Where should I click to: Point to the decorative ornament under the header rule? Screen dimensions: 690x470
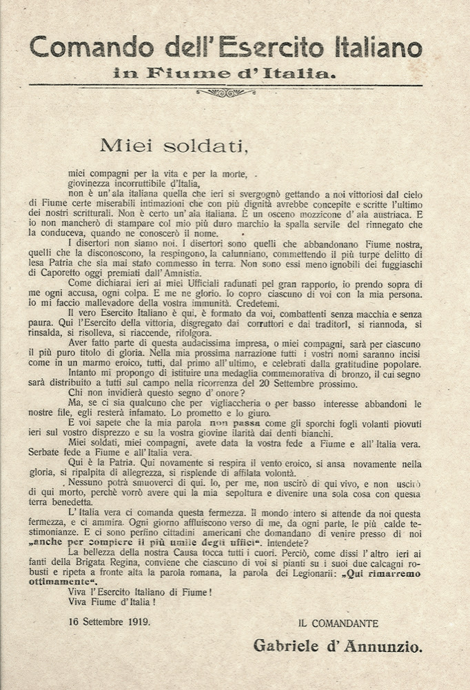point(225,92)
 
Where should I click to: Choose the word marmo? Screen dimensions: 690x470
point(116,364)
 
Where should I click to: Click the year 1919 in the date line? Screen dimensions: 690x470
point(138,622)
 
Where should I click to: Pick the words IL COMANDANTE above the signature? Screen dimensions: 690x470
point(338,624)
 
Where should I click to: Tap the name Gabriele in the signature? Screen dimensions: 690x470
point(289,647)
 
